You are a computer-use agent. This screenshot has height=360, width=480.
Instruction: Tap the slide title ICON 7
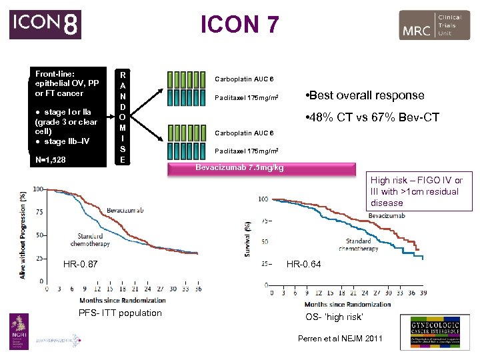240,25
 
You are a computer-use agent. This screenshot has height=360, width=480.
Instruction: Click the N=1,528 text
51,160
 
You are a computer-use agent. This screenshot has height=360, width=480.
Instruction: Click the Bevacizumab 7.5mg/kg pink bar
239,167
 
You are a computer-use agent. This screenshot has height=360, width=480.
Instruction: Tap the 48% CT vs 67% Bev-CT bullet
371,117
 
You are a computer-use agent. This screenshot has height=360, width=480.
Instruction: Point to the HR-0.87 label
81,265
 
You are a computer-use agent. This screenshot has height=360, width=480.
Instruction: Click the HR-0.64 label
303,264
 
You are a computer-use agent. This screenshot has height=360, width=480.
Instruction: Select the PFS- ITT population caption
120,313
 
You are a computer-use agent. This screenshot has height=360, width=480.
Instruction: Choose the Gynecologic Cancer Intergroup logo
434,331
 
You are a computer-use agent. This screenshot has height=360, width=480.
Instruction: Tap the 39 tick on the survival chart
423,293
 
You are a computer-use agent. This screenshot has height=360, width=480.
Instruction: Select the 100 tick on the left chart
37,189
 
